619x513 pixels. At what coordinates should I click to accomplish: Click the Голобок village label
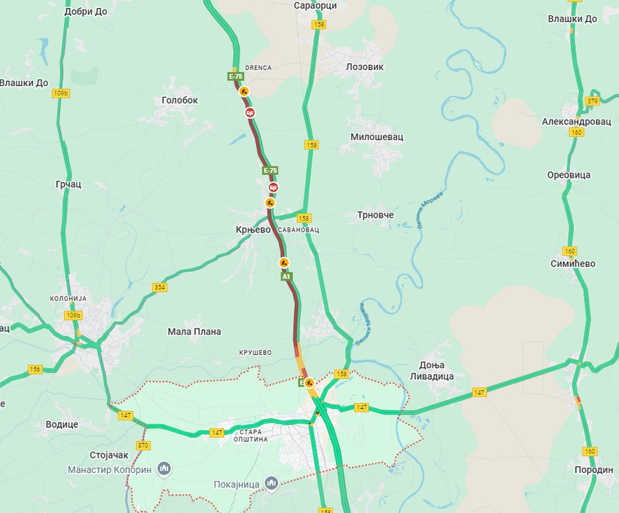coord(179,101)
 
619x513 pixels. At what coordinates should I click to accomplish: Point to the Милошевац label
coord(376,136)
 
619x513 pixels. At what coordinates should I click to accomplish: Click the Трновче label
coord(375,215)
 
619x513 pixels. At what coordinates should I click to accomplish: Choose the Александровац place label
coord(576,122)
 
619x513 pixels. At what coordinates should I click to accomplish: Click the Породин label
coord(594,470)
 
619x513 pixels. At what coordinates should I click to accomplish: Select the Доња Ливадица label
coord(437,370)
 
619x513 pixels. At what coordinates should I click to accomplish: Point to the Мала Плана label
coord(194,332)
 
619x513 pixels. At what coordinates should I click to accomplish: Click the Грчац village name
coord(68,184)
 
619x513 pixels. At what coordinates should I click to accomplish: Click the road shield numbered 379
coord(592,101)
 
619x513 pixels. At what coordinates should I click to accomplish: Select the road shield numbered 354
coord(159,287)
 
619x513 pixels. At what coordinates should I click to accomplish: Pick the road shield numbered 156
coord(35,369)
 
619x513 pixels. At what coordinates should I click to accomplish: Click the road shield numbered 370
coord(143,445)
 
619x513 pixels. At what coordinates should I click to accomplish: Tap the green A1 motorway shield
coord(286,277)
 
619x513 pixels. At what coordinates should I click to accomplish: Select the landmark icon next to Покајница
coord(271,483)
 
